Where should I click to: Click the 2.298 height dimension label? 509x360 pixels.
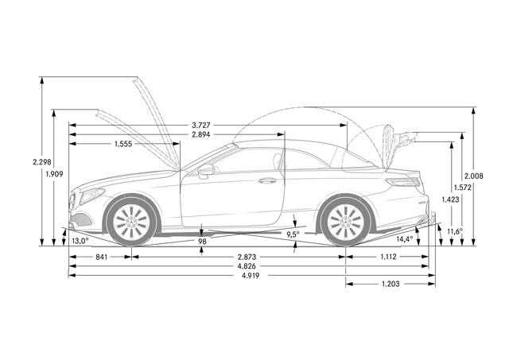42,161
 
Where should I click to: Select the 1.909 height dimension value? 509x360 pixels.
54,174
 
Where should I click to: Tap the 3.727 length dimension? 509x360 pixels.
201,126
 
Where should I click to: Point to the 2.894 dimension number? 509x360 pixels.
201,134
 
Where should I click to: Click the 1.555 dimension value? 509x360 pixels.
123,144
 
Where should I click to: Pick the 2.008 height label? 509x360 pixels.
474,176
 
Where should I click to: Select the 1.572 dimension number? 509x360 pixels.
463,188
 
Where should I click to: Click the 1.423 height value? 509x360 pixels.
451,199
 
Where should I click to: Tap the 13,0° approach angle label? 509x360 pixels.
80,241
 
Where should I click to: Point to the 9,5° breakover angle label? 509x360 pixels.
293,234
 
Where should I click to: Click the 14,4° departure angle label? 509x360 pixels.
405,239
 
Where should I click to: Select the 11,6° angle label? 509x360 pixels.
455,231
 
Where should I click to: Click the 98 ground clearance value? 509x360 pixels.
202,242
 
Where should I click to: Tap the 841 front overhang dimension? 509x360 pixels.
101,257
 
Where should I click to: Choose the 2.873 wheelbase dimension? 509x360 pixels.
247,257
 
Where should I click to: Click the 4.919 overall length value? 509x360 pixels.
250,276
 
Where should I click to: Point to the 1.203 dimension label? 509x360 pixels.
390,285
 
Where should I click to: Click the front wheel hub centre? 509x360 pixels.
131,222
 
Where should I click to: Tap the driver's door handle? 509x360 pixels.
267,180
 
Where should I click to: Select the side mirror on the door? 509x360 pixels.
206,171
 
